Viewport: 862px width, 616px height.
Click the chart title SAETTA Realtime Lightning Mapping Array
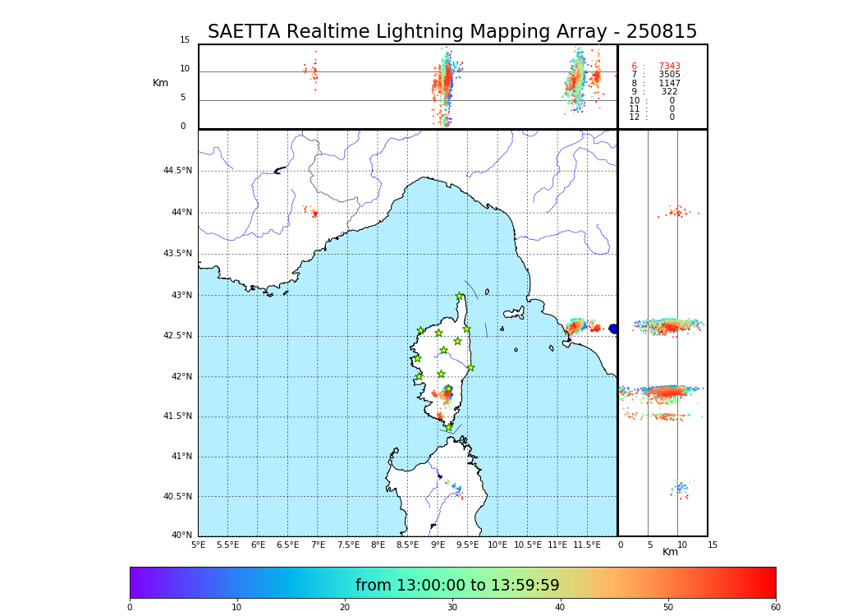pos(452,32)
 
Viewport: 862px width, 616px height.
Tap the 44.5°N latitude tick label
pos(177,171)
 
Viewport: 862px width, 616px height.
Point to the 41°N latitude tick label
pos(181,457)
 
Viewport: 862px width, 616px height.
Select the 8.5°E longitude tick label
pos(378,545)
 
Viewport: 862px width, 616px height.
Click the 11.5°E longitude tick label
pos(587,545)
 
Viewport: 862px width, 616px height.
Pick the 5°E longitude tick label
pos(199,545)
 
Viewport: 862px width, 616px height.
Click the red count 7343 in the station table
pos(669,67)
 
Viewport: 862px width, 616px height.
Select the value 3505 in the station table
pos(669,75)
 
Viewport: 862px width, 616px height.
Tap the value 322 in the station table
pos(669,92)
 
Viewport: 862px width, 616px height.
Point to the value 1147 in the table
pos(669,84)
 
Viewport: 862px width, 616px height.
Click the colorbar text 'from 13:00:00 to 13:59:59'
pos(457,586)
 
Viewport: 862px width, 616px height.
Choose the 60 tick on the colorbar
pos(775,608)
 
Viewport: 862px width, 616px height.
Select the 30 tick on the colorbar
pos(452,608)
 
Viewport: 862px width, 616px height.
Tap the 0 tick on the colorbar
pos(130,608)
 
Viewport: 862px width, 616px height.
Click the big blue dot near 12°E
pos(613,329)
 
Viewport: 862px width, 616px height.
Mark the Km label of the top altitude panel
pos(160,83)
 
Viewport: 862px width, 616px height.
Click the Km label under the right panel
pos(670,552)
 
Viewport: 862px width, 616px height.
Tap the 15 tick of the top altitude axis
pos(185,40)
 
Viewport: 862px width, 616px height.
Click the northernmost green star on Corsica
pos(459,297)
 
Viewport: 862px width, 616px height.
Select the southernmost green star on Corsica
pos(448,427)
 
